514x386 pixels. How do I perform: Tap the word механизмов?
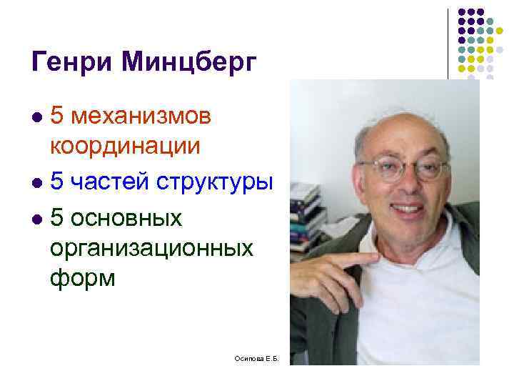coord(151,115)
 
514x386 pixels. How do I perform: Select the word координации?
coord(125,146)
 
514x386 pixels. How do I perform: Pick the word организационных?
coord(151,248)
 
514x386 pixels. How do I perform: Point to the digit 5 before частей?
coord(57,182)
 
